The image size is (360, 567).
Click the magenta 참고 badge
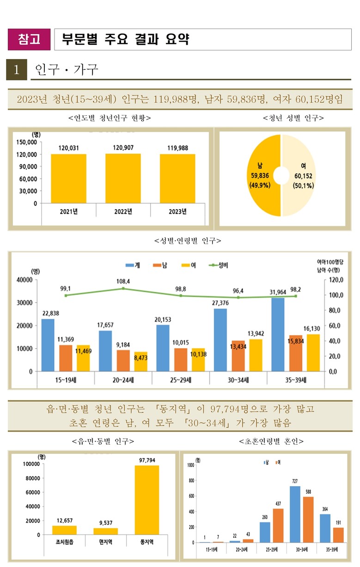pos(29,39)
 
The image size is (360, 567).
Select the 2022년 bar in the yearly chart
pos(123,178)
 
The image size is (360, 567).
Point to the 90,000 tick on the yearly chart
pos(29,166)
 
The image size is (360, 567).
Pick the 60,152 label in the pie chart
pos(304,175)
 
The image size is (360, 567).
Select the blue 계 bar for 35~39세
pos(278,334)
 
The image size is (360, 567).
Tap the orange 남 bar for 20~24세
pos(123,360)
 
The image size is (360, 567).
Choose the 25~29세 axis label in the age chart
pos(181,380)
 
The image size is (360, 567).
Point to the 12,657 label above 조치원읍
pos(64,520)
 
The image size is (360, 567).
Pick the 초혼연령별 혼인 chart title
pos(271,441)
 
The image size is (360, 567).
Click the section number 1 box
pos(17,70)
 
